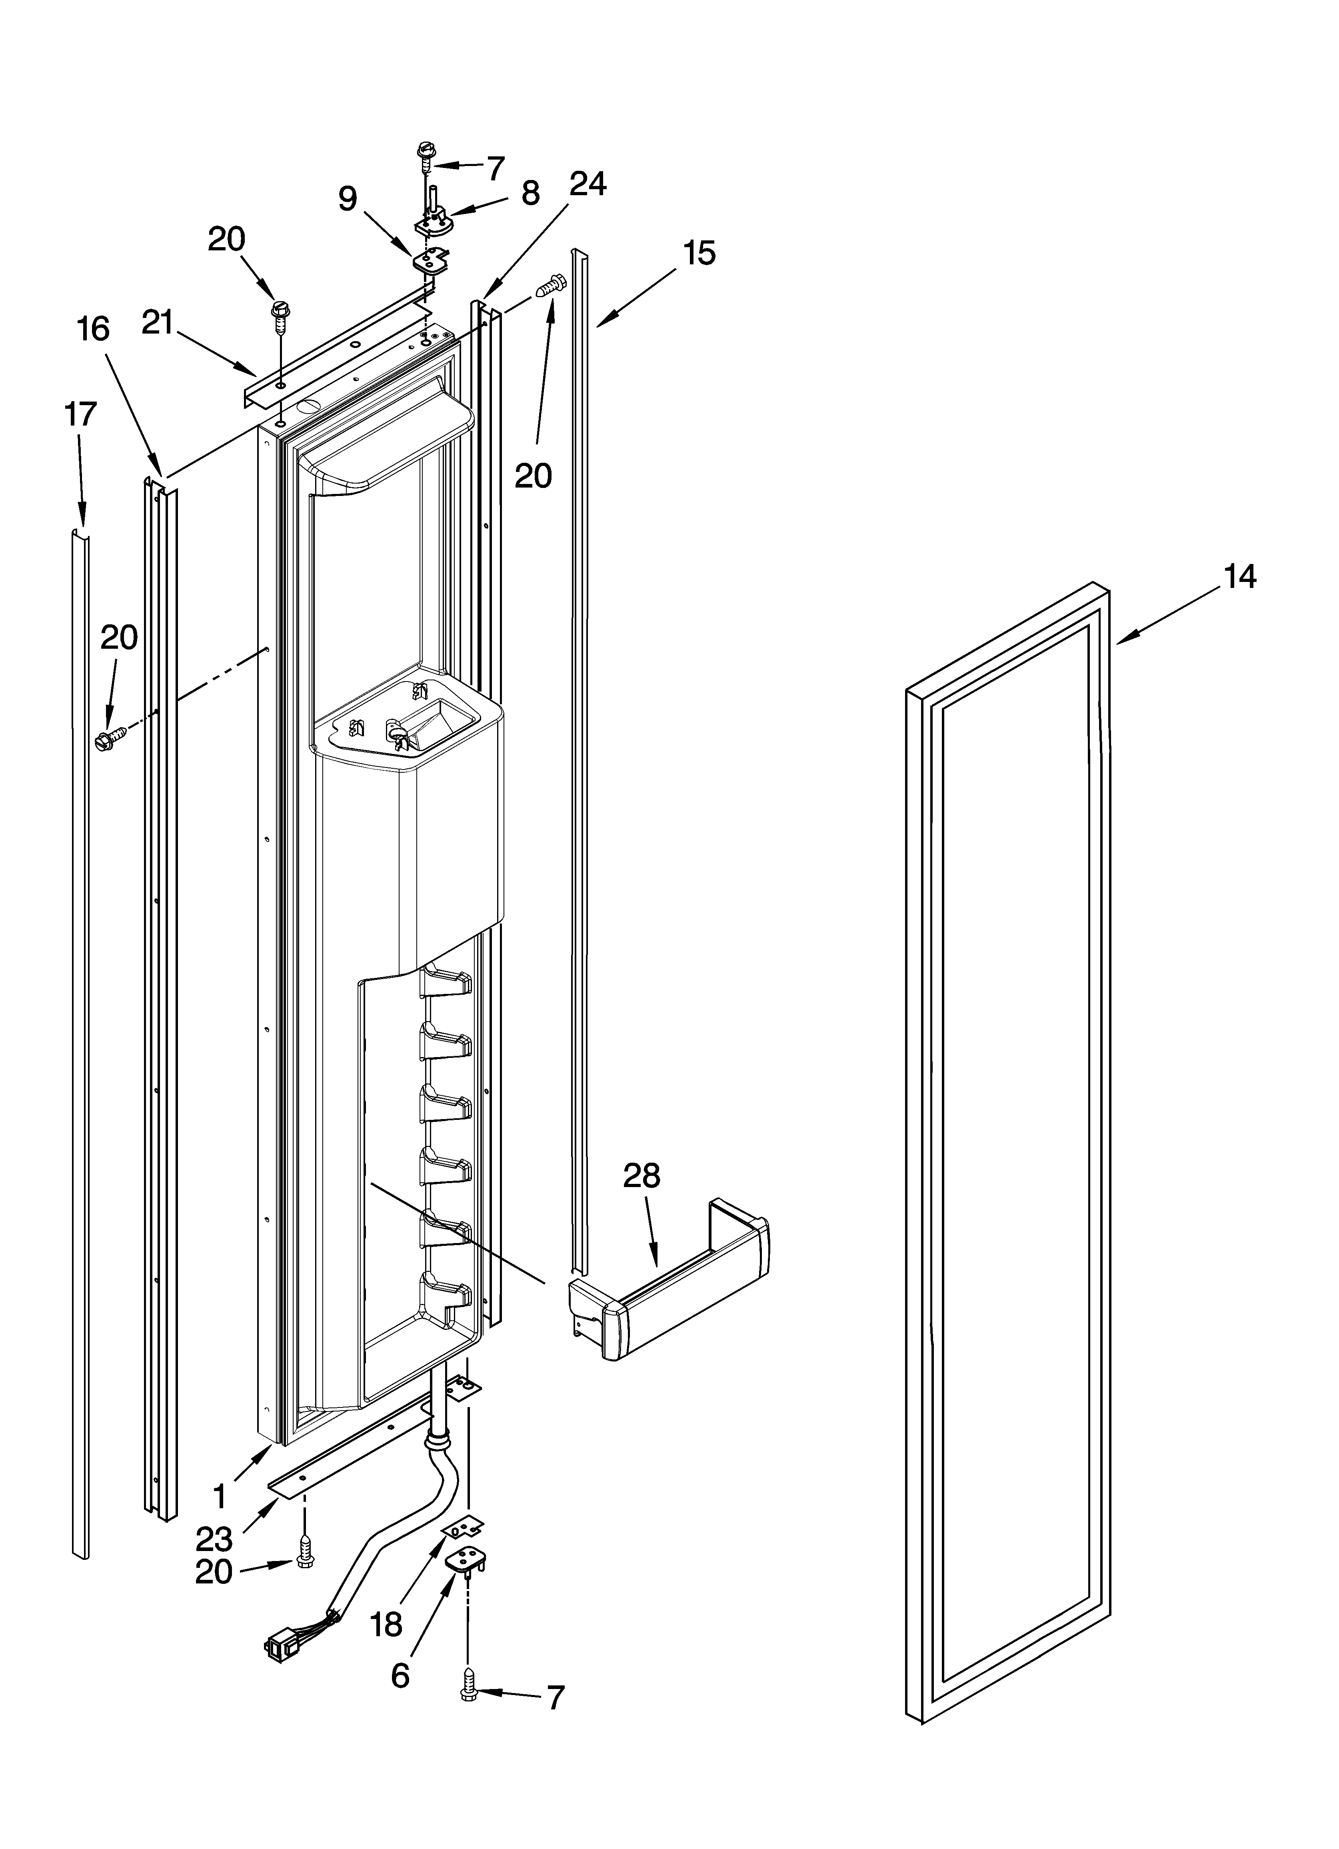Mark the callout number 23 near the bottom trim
click(x=214, y=1539)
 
